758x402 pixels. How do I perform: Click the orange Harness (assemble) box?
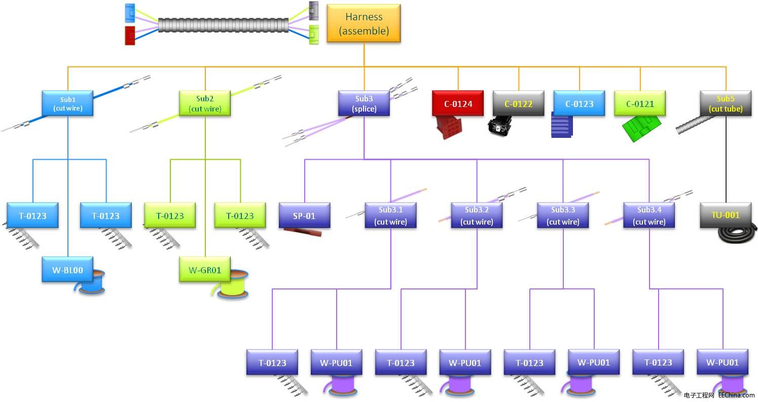tap(364, 23)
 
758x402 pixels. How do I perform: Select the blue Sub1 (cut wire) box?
tap(67, 103)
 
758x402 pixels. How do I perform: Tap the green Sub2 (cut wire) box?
tap(205, 103)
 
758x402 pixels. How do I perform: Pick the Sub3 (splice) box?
tap(364, 103)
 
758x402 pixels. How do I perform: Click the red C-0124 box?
tap(458, 104)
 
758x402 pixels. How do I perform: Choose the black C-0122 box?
tap(518, 104)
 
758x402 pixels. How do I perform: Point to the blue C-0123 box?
tap(579, 104)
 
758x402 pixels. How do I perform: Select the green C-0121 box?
tap(639, 104)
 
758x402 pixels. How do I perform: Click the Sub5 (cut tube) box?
tap(726, 103)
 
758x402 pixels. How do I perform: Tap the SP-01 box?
tap(304, 215)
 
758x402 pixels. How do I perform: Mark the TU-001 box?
tap(726, 215)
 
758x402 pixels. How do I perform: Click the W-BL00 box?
tap(67, 270)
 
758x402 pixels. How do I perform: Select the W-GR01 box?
tap(205, 270)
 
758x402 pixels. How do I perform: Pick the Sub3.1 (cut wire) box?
tap(390, 215)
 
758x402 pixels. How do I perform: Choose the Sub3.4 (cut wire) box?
tap(649, 215)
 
